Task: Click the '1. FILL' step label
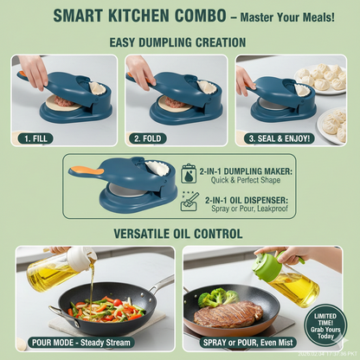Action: coord(38,138)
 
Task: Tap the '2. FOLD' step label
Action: coord(152,138)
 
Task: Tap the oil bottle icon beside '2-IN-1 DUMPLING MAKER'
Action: coord(189,172)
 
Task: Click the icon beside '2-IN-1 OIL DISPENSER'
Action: coord(189,200)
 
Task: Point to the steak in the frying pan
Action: coord(227,314)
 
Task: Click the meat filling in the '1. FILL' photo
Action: coord(61,102)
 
